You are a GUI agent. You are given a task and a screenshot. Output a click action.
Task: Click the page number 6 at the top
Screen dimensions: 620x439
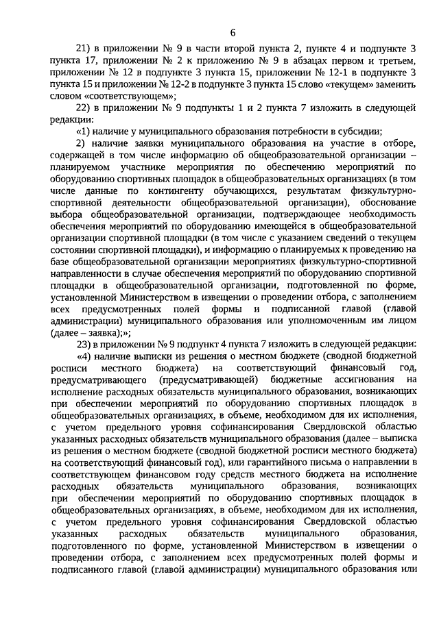coord(233,32)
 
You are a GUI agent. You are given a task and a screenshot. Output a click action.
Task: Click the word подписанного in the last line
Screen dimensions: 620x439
coord(102,568)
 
